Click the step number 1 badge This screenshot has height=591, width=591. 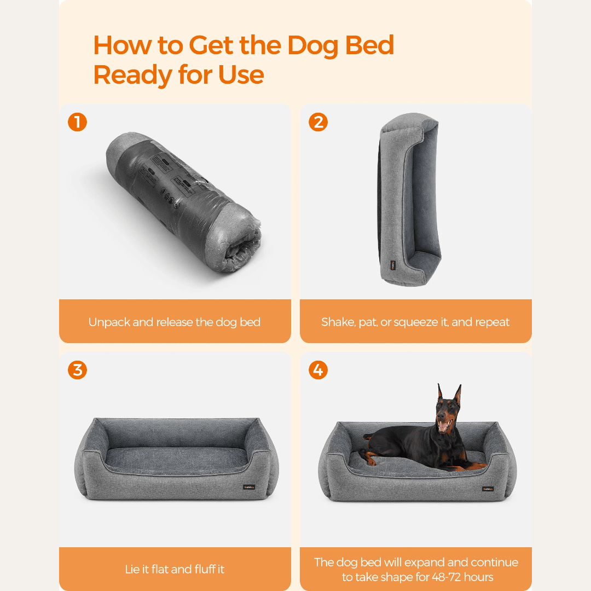pos(77,122)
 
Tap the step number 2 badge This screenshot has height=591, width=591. pos(318,122)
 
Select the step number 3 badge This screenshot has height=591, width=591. pos(77,370)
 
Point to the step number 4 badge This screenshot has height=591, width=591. pos(318,370)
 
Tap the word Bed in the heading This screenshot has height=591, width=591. pos(369,45)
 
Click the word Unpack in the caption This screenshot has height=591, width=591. pos(109,322)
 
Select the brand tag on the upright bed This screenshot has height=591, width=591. pos(392,265)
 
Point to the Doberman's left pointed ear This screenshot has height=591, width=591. pos(439,392)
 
